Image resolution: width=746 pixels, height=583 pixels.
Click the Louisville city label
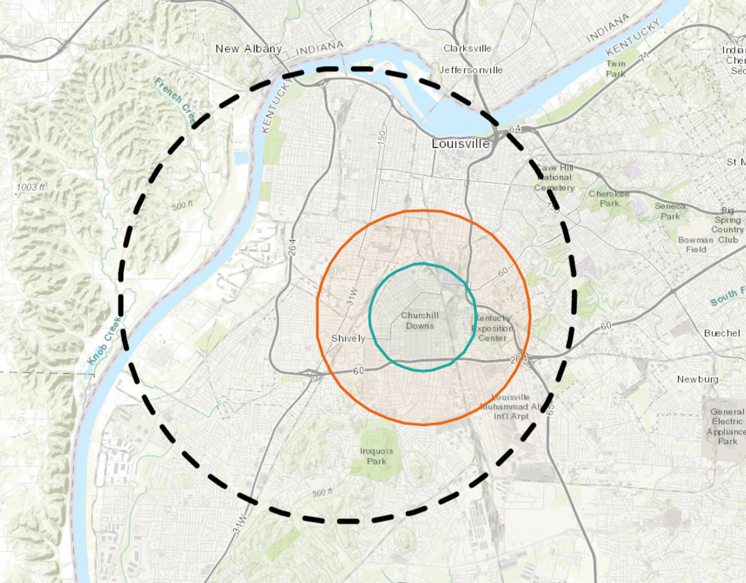[460, 144]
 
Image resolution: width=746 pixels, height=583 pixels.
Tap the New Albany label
[248, 49]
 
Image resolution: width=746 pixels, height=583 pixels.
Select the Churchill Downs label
[420, 320]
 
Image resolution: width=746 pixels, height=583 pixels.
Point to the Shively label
[348, 338]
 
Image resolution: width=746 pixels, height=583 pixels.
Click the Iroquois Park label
[376, 456]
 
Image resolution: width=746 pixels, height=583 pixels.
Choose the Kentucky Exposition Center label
[493, 328]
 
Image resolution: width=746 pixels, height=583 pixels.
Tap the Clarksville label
[467, 49]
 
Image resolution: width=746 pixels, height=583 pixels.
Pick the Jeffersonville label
[471, 70]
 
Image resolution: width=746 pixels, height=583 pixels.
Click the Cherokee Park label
[608, 199]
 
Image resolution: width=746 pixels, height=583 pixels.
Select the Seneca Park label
[670, 211]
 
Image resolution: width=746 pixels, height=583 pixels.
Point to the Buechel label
[722, 333]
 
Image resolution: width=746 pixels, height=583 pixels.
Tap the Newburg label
[697, 379]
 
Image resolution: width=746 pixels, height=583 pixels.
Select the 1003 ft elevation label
[31, 188]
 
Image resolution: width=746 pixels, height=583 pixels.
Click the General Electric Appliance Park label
[727, 426]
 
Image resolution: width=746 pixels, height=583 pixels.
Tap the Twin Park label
[615, 69]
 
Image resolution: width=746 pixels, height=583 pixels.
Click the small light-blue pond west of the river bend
[241, 158]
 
